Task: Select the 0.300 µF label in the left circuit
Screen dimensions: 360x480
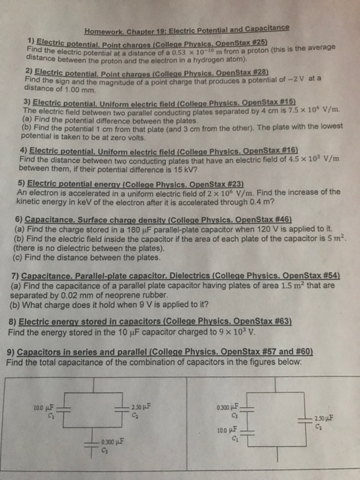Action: click(111, 440)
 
